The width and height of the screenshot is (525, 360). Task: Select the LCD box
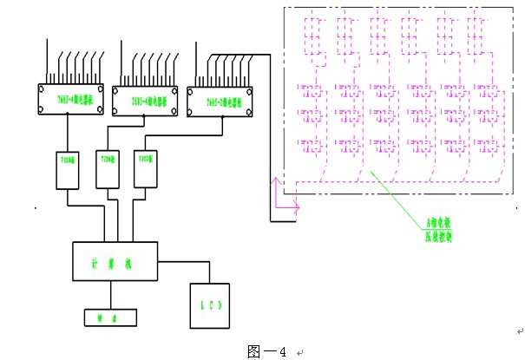[x=209, y=305]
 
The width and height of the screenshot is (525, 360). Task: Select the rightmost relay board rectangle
[x=220, y=102]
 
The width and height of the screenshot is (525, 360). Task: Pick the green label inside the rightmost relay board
[x=220, y=102]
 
